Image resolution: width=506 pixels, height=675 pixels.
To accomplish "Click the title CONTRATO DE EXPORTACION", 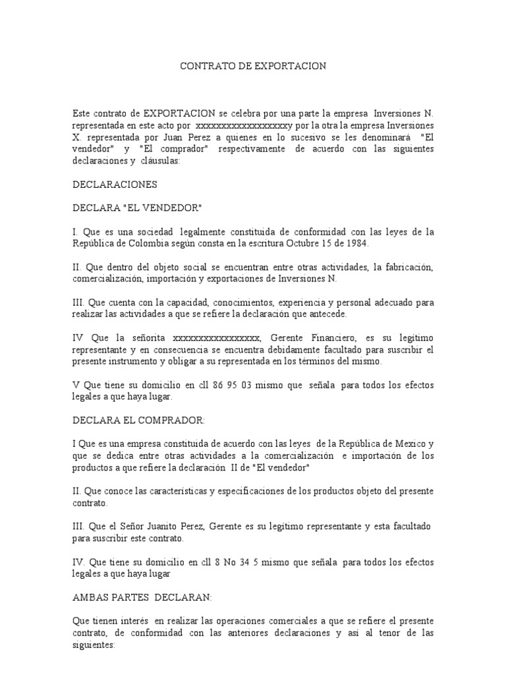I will click(254, 67).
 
